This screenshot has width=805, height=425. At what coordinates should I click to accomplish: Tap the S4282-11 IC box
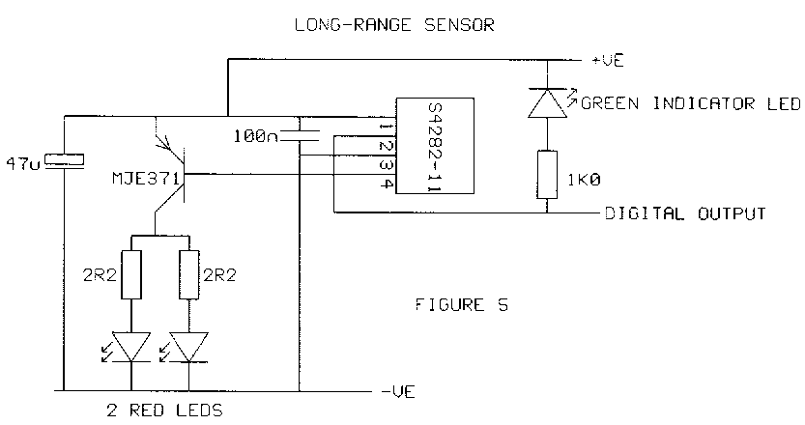point(434,146)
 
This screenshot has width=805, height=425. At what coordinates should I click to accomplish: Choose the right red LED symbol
point(185,345)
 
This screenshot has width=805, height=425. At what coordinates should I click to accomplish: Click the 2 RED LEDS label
point(161,411)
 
